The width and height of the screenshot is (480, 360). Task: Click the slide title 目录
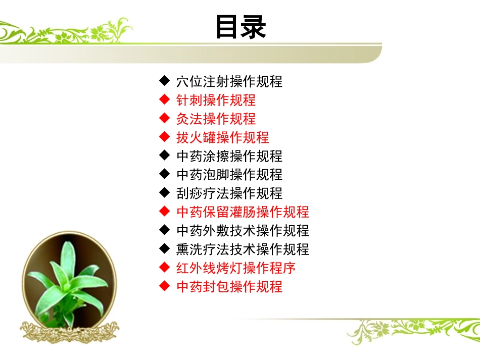(x=241, y=27)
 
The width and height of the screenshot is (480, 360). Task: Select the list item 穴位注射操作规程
(x=229, y=81)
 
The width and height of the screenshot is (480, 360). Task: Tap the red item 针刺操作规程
(x=216, y=100)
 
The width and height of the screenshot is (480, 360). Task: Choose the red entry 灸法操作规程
(x=216, y=119)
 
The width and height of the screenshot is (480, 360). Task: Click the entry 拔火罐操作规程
(x=222, y=137)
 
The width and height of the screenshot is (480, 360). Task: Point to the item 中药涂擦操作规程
(x=229, y=156)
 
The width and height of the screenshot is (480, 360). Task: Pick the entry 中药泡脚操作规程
(x=229, y=175)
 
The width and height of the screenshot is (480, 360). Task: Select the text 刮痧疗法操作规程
(x=229, y=193)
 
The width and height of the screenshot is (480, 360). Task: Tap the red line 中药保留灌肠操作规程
(x=243, y=212)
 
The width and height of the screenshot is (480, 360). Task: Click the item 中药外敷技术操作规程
(x=243, y=231)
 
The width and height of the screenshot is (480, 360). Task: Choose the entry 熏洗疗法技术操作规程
(x=243, y=249)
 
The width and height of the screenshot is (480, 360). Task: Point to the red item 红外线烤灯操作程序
(x=235, y=268)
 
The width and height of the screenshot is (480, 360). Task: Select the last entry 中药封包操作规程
(x=229, y=287)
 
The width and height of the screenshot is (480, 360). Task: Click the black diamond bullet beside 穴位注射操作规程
(x=164, y=80)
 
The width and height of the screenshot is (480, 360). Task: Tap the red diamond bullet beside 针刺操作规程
(x=164, y=99)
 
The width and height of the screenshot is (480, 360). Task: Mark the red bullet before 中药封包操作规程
(x=164, y=286)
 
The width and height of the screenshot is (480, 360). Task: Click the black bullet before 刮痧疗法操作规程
(x=164, y=192)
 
